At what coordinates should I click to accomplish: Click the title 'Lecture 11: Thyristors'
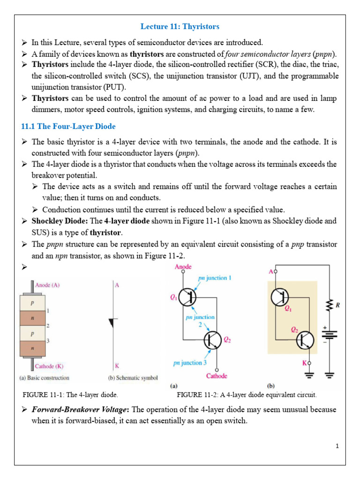(x=180, y=27)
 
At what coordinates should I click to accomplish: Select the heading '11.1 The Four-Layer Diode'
(x=68, y=127)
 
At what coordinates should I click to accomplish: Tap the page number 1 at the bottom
(x=337, y=446)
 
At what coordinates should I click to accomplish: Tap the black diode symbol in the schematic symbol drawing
(x=112, y=322)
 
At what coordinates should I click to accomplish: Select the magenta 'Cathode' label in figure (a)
(x=217, y=375)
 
